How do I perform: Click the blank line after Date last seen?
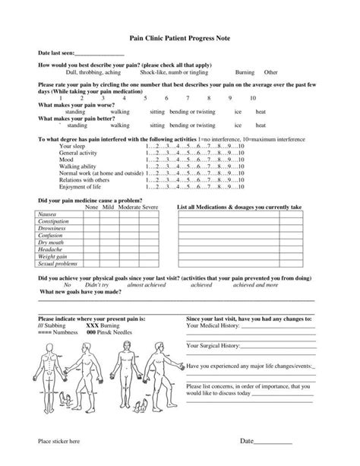(x=99, y=55)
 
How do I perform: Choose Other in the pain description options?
(x=270, y=73)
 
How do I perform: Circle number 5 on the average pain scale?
(x=146, y=98)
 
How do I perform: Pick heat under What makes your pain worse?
(x=261, y=112)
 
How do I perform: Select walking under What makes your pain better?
(x=109, y=125)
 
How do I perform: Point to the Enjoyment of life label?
(x=81, y=186)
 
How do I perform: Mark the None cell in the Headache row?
(x=92, y=249)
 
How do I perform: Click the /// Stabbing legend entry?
(x=55, y=324)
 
